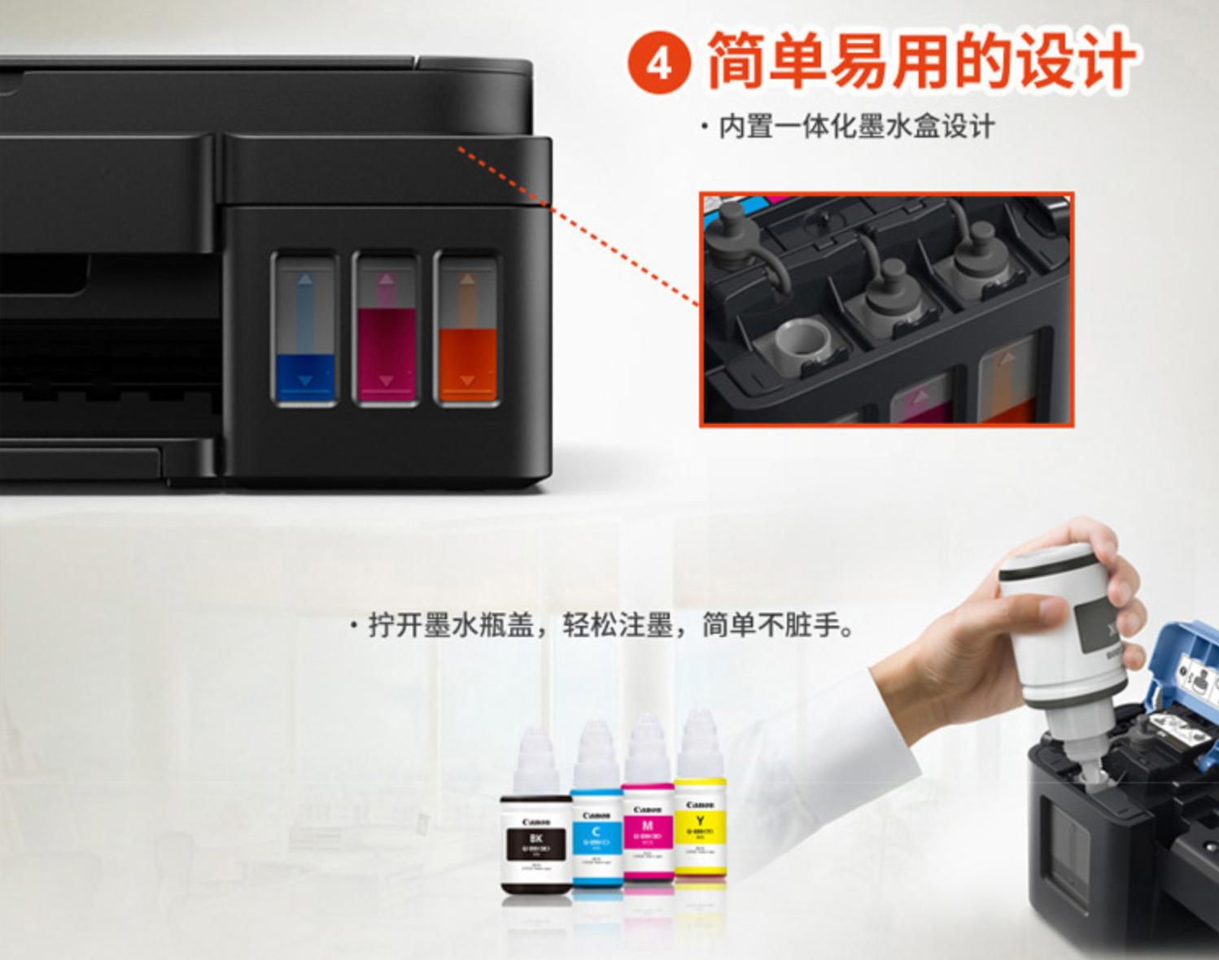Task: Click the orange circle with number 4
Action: [x=659, y=63]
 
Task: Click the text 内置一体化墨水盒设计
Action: [x=856, y=128]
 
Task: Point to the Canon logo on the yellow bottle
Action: [x=700, y=805]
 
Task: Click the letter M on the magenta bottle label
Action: [x=648, y=825]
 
